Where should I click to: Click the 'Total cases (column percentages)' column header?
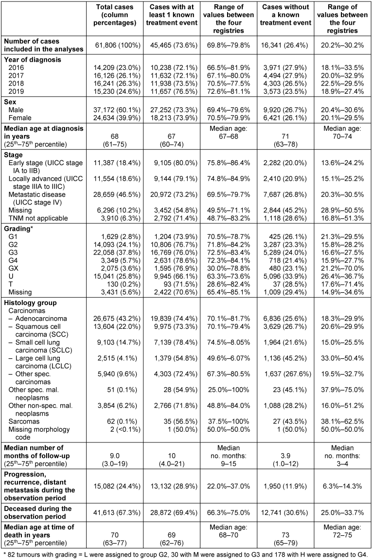114,15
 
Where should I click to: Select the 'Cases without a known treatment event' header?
285,15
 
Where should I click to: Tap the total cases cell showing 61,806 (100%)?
118,45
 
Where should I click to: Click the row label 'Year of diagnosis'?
33,60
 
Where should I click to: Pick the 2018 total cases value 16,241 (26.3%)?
117,83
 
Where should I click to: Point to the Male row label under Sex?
16,110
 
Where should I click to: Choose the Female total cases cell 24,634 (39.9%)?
117,118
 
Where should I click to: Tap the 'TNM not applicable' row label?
38,218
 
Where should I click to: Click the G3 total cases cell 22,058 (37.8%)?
117,252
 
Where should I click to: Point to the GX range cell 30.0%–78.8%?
229,268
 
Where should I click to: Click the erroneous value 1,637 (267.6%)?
288,374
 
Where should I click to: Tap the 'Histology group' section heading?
31,303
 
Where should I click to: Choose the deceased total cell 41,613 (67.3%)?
117,512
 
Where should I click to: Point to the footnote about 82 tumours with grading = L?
184,554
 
